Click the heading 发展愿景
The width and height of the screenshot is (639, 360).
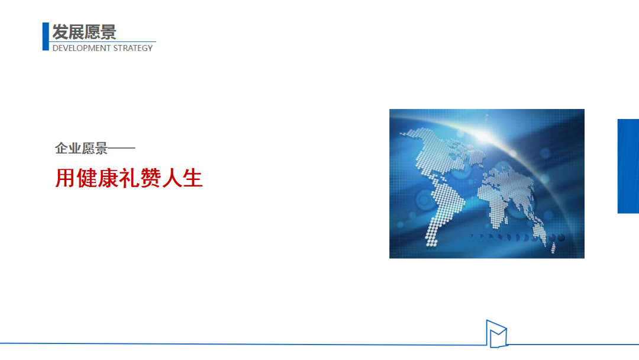[85, 32]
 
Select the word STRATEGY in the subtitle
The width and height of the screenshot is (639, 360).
[133, 48]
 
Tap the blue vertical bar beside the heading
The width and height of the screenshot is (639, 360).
[46, 37]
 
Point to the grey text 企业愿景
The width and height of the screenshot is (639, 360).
[81, 149]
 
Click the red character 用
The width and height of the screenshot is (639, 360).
[65, 178]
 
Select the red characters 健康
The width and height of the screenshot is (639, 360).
[98, 178]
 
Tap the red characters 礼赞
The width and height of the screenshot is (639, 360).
[140, 178]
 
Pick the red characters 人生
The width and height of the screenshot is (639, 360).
[182, 178]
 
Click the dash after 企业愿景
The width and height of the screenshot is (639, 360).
[121, 149]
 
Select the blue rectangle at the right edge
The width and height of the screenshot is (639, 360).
[628, 166]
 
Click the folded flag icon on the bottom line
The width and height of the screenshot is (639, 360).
[496, 334]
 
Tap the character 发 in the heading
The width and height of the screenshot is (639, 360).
[60, 32]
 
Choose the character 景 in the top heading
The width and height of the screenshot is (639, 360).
[108, 32]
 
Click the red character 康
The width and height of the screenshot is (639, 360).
[108, 178]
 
